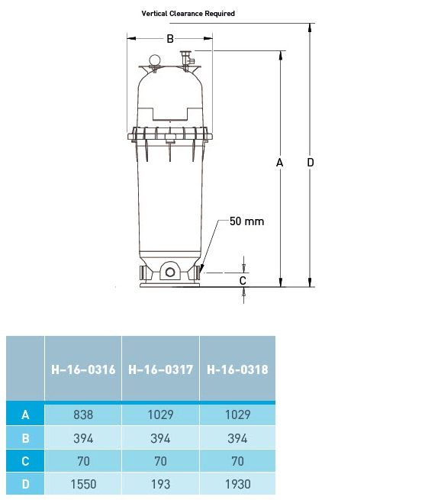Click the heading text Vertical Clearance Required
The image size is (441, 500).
tap(188, 14)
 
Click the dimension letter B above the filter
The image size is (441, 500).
tap(170, 39)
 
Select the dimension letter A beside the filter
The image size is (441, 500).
tap(279, 163)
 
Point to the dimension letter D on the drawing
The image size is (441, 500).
tap(311, 163)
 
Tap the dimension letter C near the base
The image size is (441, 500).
tap(243, 281)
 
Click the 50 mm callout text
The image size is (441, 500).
tap(247, 221)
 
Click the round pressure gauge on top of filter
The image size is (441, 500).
tap(155, 60)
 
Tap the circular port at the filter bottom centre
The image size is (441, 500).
tap(170, 272)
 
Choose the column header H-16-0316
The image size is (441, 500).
tap(83, 369)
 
